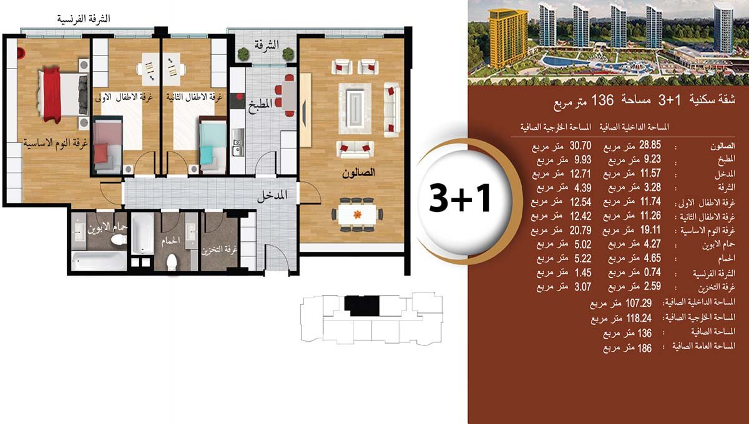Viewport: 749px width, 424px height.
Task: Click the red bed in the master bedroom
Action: [63, 95]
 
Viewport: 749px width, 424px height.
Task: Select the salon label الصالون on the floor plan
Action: [358, 173]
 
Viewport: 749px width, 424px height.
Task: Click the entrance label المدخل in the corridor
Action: [272, 195]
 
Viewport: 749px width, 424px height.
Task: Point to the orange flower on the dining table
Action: [358, 214]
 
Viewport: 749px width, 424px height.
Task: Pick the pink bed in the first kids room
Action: [107, 146]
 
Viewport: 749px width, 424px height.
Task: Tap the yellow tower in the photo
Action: [506, 38]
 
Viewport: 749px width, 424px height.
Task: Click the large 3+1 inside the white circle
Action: [460, 198]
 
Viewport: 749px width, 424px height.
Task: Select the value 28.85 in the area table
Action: [650, 145]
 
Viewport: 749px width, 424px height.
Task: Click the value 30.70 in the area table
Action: [580, 145]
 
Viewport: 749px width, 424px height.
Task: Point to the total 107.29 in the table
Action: [639, 303]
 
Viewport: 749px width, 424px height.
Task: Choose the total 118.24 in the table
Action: [639, 318]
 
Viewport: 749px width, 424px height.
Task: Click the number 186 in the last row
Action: [645, 349]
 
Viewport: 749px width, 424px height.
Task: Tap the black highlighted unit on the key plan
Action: [362, 306]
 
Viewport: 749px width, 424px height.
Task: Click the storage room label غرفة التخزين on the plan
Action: [219, 250]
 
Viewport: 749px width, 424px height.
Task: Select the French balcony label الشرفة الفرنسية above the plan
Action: [84, 18]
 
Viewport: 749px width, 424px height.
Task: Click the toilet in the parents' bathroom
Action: [118, 239]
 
